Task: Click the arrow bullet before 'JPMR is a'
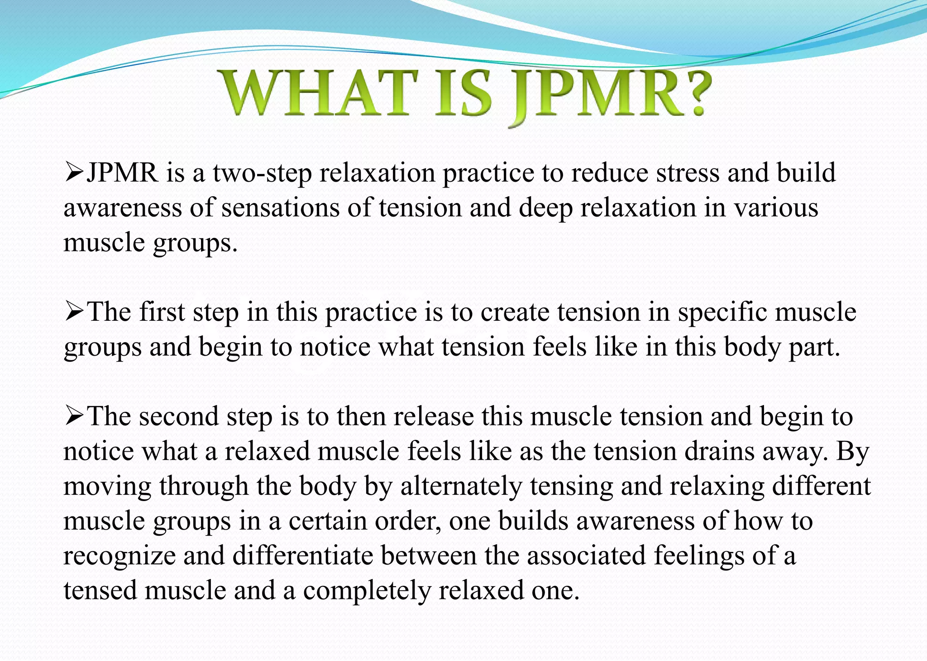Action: pos(74,173)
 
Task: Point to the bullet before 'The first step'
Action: pos(74,312)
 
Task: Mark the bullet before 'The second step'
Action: pos(74,416)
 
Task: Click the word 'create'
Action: pos(514,313)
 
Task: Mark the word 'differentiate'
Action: pos(303,556)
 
